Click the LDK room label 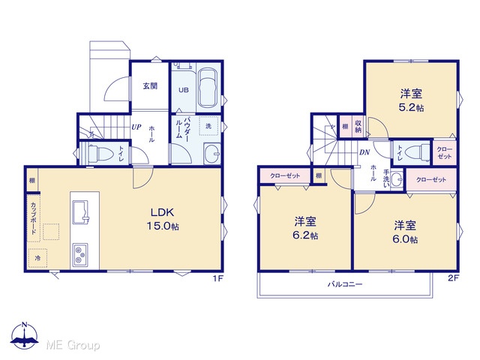[x=162, y=212]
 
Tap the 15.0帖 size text [x=163, y=226]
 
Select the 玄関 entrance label [x=150, y=86]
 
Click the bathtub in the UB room [x=208, y=88]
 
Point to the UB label [x=184, y=90]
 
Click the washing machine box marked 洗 [x=208, y=126]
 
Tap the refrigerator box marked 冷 [x=37, y=258]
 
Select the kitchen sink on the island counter [x=80, y=212]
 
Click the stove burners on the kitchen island [x=80, y=254]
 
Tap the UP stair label [x=136, y=127]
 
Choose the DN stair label [x=364, y=152]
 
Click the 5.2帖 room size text [x=411, y=108]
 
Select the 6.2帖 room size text [x=305, y=235]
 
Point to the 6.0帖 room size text [x=405, y=239]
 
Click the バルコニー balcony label [x=345, y=284]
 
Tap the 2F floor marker [x=453, y=278]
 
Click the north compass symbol [x=25, y=335]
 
